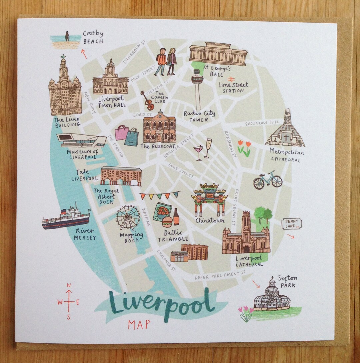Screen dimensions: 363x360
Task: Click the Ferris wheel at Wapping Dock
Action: point(128,217)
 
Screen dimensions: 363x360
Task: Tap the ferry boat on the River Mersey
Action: point(66,217)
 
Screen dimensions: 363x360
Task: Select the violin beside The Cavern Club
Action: point(147,101)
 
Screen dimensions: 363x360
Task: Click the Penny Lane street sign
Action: point(291,223)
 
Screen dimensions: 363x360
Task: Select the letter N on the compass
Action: point(69,285)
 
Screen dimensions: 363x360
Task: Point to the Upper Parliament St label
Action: point(220,275)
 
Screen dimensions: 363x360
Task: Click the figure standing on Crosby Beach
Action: point(67,36)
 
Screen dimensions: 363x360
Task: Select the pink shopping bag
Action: point(121,132)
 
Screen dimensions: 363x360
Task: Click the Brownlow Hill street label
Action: point(262,123)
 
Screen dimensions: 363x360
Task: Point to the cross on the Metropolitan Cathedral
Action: point(286,138)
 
